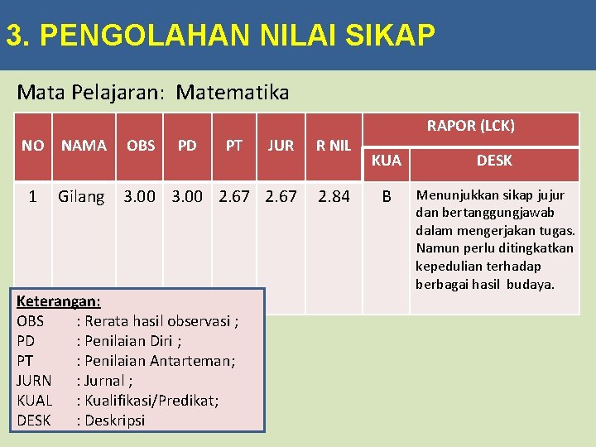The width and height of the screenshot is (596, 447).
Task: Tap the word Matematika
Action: (x=233, y=92)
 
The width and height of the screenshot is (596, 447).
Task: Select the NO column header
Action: (x=33, y=146)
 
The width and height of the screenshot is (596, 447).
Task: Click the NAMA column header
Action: (x=84, y=146)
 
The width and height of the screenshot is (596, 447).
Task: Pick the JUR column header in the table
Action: (x=281, y=146)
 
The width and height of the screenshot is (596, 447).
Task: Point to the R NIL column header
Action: (x=334, y=146)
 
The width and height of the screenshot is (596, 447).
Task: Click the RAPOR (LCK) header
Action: (x=470, y=126)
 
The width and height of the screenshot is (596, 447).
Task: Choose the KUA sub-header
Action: (x=386, y=161)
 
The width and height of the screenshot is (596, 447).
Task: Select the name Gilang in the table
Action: (x=81, y=197)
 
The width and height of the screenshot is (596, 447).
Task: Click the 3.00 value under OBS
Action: (x=140, y=197)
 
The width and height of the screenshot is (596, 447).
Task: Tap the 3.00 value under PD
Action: (x=187, y=197)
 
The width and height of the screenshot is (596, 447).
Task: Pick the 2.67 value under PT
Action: (x=234, y=197)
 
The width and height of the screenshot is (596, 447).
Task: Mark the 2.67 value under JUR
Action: (x=281, y=197)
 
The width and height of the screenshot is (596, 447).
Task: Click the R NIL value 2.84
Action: (x=334, y=197)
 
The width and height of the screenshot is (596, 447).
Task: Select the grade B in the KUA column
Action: (x=386, y=197)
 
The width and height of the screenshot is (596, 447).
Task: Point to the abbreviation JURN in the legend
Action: (x=34, y=381)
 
